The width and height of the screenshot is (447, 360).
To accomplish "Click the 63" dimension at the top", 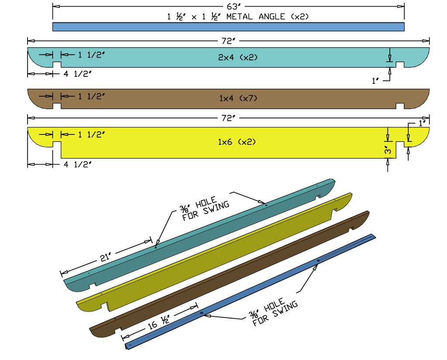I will (x=228, y=6).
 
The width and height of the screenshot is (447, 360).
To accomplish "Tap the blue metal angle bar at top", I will (x=228, y=27).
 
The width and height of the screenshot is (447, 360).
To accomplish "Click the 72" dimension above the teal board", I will (x=228, y=41).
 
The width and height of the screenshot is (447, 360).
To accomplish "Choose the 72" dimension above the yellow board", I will (x=228, y=118).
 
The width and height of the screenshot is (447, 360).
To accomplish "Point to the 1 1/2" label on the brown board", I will (x=91, y=96).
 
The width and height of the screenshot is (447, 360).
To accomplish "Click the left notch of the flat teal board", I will (x=57, y=65).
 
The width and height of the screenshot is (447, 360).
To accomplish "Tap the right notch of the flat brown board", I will (x=400, y=106).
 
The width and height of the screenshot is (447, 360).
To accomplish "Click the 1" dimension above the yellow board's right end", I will (x=422, y=123).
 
